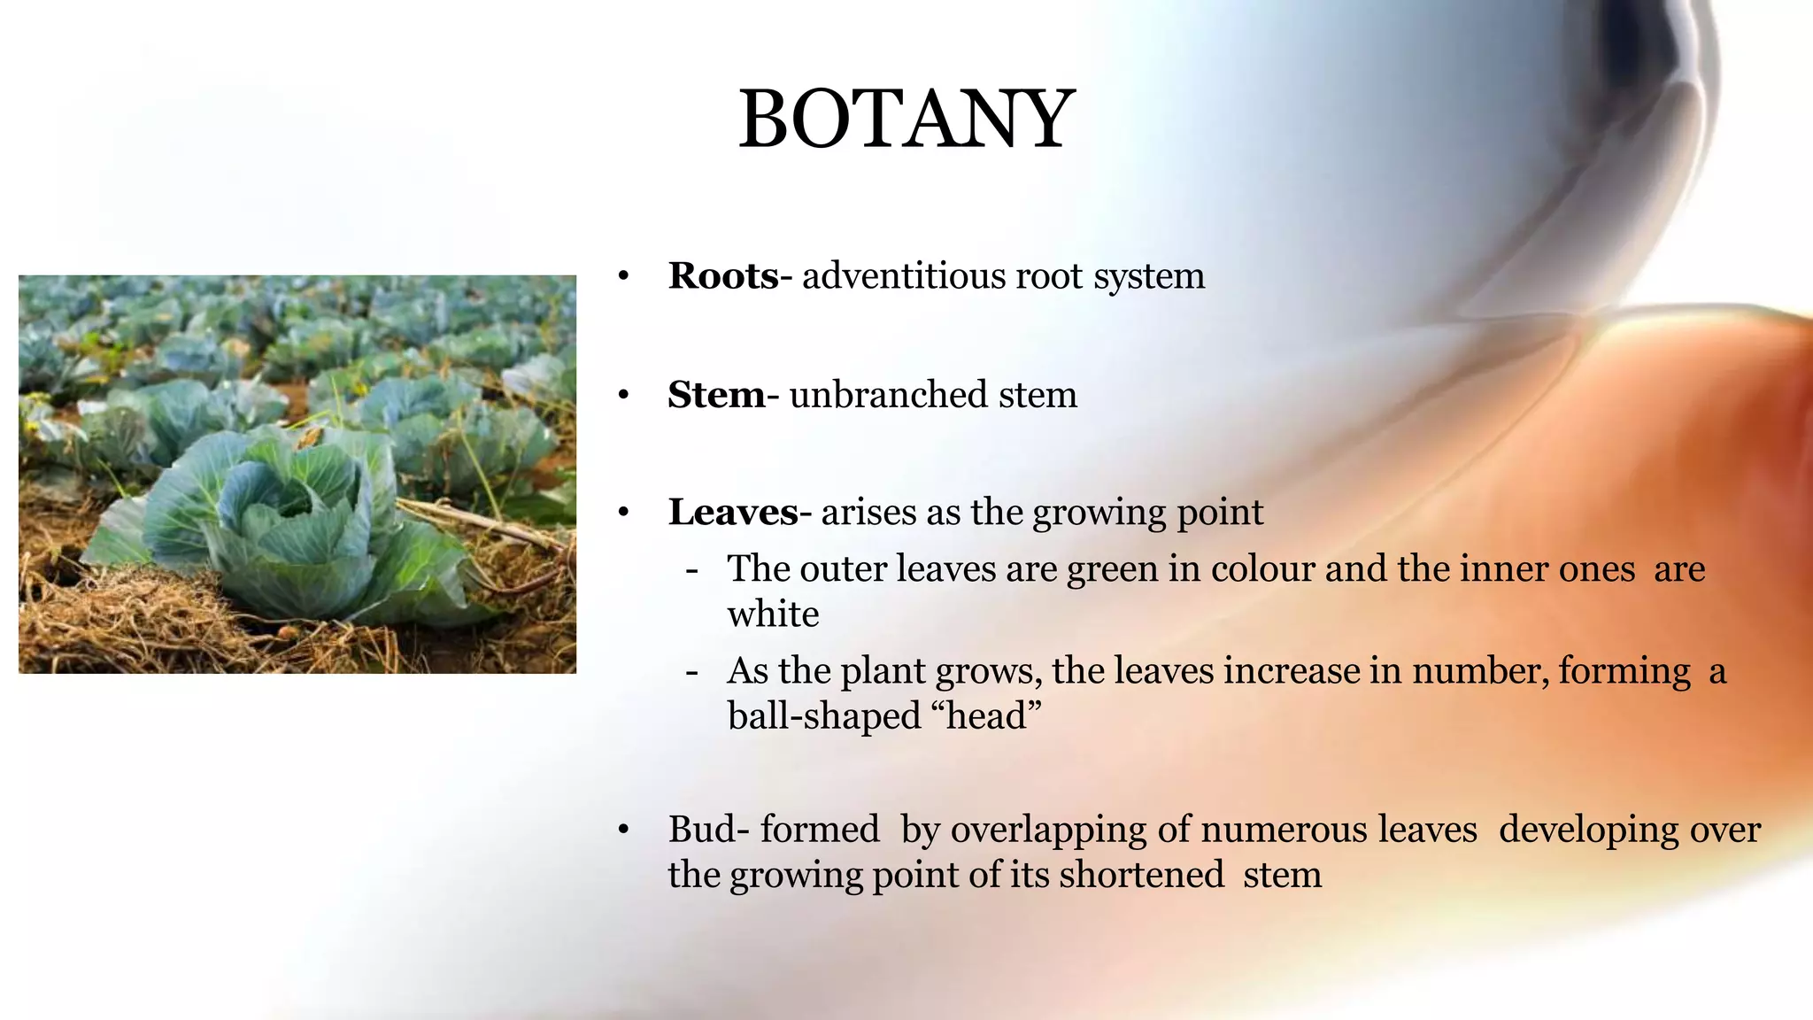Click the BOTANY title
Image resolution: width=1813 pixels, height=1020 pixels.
click(x=906, y=120)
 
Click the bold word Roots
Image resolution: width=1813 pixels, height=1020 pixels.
click(x=722, y=276)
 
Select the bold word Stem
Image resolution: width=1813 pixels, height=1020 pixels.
click(x=715, y=395)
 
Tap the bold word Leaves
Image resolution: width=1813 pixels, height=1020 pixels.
click(x=733, y=513)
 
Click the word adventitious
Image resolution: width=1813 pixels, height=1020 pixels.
click(x=903, y=276)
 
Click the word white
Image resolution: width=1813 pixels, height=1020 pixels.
click(x=773, y=614)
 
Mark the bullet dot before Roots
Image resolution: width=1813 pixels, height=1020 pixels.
click(x=623, y=277)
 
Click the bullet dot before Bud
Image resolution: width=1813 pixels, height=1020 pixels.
click(x=623, y=831)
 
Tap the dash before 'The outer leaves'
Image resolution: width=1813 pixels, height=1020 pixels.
click(x=691, y=569)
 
